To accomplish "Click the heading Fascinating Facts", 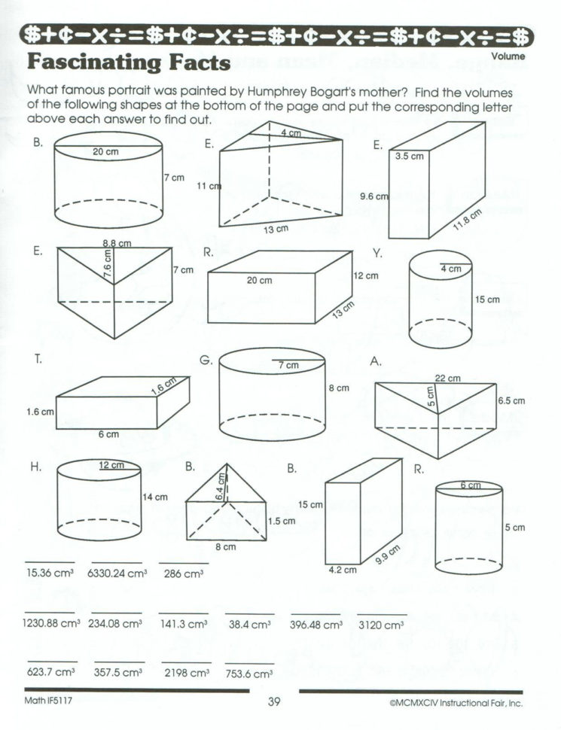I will tap(127, 62).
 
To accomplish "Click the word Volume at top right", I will tap(509, 56).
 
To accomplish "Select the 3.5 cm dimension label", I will tap(410, 157).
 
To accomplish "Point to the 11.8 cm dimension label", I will tap(466, 224).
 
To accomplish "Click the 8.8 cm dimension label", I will tap(117, 243).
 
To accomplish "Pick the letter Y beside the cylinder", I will tap(377, 254).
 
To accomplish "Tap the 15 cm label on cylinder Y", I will tap(487, 300).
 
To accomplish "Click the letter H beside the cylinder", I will tap(35, 467).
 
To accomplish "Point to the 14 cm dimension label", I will tap(154, 497).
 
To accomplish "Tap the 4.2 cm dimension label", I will tap(341, 570).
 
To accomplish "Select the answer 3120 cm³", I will tap(382, 625).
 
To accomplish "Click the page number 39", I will tap(273, 703).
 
